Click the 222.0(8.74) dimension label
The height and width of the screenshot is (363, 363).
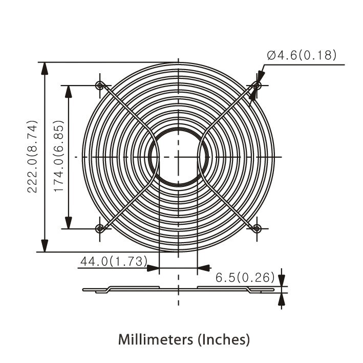33,157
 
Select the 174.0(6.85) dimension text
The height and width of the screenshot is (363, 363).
59,157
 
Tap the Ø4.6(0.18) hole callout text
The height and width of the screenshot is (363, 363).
302,55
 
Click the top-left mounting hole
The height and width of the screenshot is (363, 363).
100,85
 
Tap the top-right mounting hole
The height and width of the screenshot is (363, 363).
258,85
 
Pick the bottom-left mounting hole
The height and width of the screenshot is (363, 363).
100,228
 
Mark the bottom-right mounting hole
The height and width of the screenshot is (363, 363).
258,228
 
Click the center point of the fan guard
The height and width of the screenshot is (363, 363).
178,156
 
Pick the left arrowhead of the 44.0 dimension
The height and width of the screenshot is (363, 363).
153,267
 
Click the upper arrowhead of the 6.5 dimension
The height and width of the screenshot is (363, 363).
281,280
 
